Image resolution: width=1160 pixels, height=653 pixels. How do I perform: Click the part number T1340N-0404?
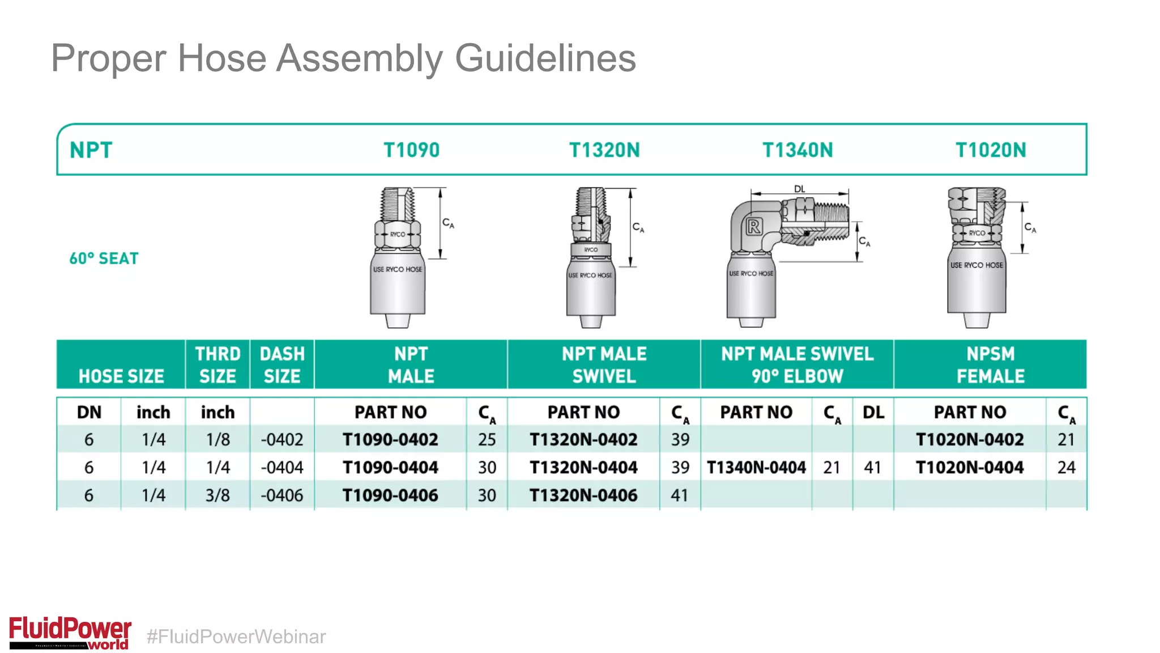click(x=756, y=468)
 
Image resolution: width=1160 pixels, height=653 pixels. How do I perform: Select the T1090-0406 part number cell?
click(x=390, y=495)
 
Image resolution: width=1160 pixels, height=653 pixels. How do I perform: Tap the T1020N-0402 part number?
click(x=970, y=440)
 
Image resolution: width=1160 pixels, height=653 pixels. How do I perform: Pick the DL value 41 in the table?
click(x=872, y=468)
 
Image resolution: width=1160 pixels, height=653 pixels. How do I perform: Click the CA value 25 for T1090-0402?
click(x=487, y=440)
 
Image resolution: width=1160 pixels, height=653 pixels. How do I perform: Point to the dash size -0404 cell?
click(x=282, y=468)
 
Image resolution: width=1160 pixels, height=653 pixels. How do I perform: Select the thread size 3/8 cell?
click(x=217, y=495)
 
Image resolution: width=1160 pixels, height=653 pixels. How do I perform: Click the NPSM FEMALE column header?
click(x=990, y=364)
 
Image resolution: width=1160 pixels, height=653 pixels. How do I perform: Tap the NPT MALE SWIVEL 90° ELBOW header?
click(x=797, y=364)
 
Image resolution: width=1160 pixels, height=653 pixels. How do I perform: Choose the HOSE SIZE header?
click(x=121, y=376)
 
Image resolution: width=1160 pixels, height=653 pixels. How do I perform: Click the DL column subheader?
click(x=873, y=413)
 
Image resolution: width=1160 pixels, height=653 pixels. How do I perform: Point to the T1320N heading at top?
click(x=604, y=150)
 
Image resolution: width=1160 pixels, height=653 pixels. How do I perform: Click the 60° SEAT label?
click(x=104, y=258)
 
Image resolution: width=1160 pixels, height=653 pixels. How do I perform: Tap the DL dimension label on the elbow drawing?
click(x=799, y=189)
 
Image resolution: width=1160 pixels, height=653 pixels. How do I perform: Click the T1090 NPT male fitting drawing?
click(x=398, y=258)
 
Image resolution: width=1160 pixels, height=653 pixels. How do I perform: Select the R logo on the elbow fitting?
click(x=754, y=227)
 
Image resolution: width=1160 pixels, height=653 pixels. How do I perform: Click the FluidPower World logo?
click(x=70, y=633)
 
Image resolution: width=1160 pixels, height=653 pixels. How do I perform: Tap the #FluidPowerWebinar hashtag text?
click(x=236, y=637)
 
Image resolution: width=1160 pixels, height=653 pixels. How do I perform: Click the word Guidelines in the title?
click(x=545, y=58)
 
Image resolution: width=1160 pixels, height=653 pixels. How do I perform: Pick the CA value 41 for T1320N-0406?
click(x=680, y=495)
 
